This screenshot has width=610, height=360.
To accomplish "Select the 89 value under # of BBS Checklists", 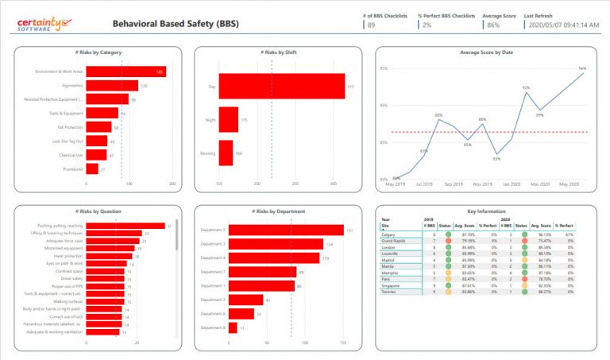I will (371, 25).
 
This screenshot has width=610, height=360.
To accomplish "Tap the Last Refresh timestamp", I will (562, 25).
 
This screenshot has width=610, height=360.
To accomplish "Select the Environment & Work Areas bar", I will (125, 72).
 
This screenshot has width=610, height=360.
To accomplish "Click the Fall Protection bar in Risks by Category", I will (98, 127).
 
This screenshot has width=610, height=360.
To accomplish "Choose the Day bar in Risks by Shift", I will (281, 86).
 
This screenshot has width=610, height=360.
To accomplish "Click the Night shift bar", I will (228, 120).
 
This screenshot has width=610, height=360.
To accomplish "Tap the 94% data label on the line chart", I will (582, 68).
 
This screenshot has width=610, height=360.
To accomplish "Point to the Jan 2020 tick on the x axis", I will (510, 184).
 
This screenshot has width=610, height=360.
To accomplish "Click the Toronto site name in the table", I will (388, 291).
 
